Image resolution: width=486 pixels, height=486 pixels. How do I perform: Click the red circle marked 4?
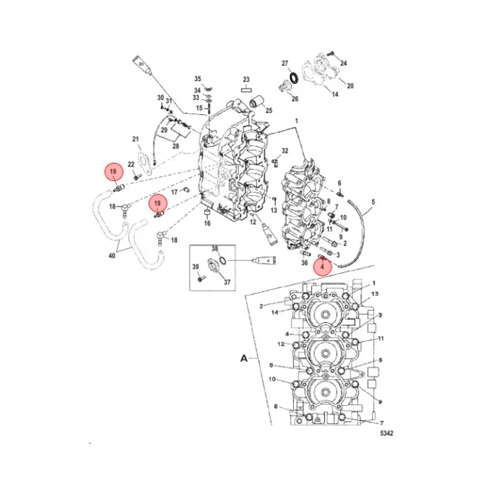click(x=323, y=266)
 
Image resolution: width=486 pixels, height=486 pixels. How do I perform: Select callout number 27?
click(x=285, y=64)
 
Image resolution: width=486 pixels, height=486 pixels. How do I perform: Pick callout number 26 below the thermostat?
click(x=295, y=99)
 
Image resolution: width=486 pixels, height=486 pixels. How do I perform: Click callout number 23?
click(x=246, y=80)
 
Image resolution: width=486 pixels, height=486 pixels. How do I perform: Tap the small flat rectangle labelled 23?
click(x=246, y=90)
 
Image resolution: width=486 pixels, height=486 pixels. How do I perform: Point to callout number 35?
click(x=198, y=79)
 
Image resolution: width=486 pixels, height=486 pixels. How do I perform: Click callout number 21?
click(x=136, y=140)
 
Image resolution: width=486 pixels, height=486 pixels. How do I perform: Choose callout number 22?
click(x=131, y=164)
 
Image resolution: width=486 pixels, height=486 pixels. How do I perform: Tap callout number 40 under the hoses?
click(x=112, y=256)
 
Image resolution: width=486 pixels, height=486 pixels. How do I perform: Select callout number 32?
click(x=285, y=151)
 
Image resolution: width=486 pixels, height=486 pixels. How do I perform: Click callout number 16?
click(x=207, y=223)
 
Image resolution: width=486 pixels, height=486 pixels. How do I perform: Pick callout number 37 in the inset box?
click(x=227, y=282)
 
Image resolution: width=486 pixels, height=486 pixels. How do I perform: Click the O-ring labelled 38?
click(x=222, y=259)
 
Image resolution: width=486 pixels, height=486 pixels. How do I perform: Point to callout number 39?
click(x=196, y=266)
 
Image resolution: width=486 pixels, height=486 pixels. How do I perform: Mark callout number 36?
click(x=305, y=263)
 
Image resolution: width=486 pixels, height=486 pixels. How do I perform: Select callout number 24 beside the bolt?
click(x=343, y=63)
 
